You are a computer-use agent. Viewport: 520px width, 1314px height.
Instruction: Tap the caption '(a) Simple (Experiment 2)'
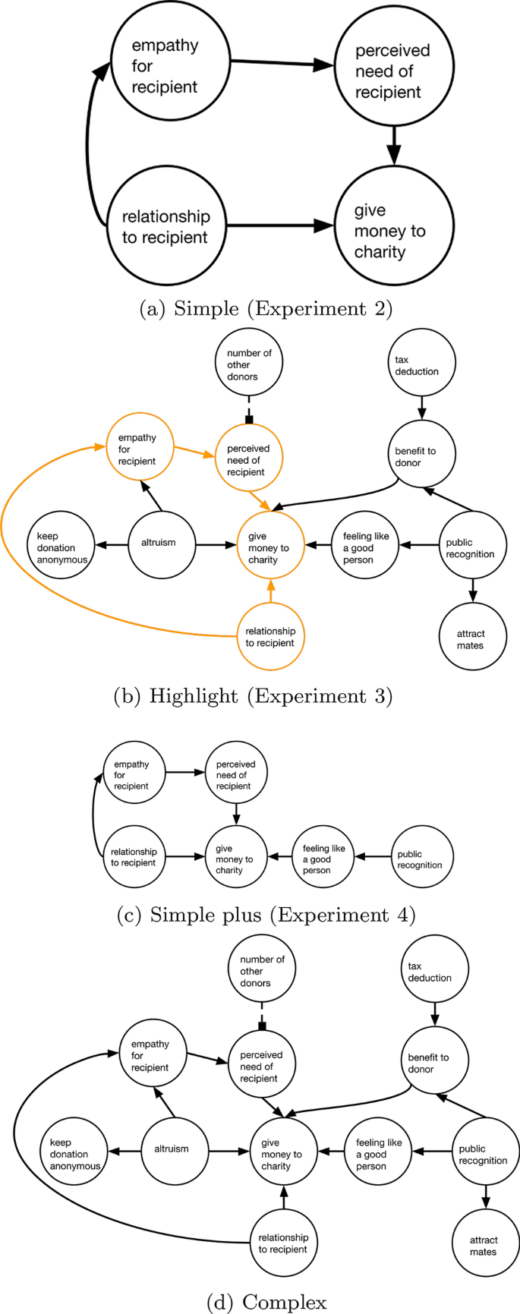(266, 309)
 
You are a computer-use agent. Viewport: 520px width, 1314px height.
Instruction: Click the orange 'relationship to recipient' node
(271, 637)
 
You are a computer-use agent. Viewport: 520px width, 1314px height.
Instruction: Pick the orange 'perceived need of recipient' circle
(248, 460)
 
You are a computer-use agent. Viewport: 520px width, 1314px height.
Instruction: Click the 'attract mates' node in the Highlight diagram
(472, 639)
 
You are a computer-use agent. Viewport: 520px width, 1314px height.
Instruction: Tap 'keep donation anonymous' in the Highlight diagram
(61, 547)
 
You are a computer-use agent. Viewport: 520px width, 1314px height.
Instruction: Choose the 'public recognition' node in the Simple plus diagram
(422, 859)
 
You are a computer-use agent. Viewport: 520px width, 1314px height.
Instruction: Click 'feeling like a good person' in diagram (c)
(323, 859)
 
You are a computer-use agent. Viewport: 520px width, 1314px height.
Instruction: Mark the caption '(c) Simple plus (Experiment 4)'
(266, 915)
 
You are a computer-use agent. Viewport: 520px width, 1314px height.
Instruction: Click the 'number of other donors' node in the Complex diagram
(261, 971)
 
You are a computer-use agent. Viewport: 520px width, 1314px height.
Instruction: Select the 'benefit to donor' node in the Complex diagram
(434, 1063)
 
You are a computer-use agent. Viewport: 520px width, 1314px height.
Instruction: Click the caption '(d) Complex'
(266, 1302)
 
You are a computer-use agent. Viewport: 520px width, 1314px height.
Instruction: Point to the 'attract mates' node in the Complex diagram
(485, 1245)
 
